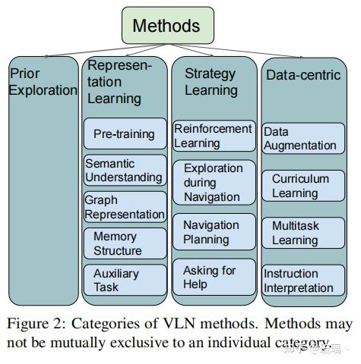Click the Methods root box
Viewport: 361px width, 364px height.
(168, 25)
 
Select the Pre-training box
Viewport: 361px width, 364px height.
(125, 133)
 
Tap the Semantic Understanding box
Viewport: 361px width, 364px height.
(125, 171)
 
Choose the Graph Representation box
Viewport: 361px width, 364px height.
(125, 207)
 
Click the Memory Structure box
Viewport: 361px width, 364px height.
(125, 243)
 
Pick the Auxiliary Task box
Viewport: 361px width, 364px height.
(125, 280)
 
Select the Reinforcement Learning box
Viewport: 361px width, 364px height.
(214, 136)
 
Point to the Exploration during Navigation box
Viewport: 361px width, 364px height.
(214, 183)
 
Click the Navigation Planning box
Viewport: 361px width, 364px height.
(214, 232)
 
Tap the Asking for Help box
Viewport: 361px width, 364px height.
(214, 277)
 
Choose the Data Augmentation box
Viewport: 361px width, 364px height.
(303, 139)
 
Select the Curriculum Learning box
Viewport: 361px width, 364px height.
(303, 186)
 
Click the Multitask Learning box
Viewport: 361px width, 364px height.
(303, 233)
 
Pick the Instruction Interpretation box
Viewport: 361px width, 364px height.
(303, 281)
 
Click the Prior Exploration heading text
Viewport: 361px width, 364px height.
(43, 82)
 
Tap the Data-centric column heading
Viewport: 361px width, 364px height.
(303, 75)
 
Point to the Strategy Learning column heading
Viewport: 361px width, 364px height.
(211, 82)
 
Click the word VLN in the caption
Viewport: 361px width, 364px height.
(179, 323)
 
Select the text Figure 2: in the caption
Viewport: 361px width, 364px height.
(36, 324)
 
